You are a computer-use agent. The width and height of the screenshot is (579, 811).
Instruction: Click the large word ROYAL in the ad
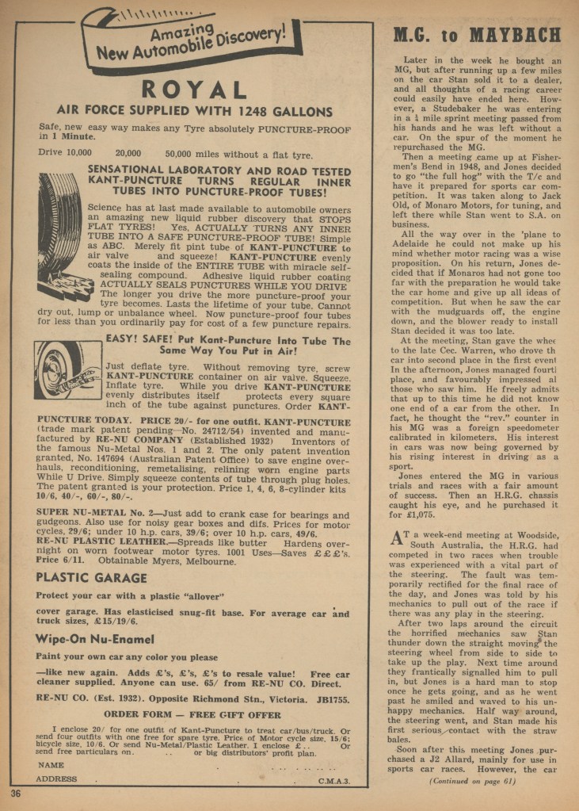[x=194, y=89]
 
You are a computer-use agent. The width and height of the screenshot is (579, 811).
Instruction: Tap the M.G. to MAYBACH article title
[x=477, y=36]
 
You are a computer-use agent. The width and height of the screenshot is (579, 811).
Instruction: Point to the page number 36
[x=16, y=794]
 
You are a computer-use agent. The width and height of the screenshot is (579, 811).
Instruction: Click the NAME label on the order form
[x=51, y=765]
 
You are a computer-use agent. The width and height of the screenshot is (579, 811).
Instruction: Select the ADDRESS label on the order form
[x=58, y=779]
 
